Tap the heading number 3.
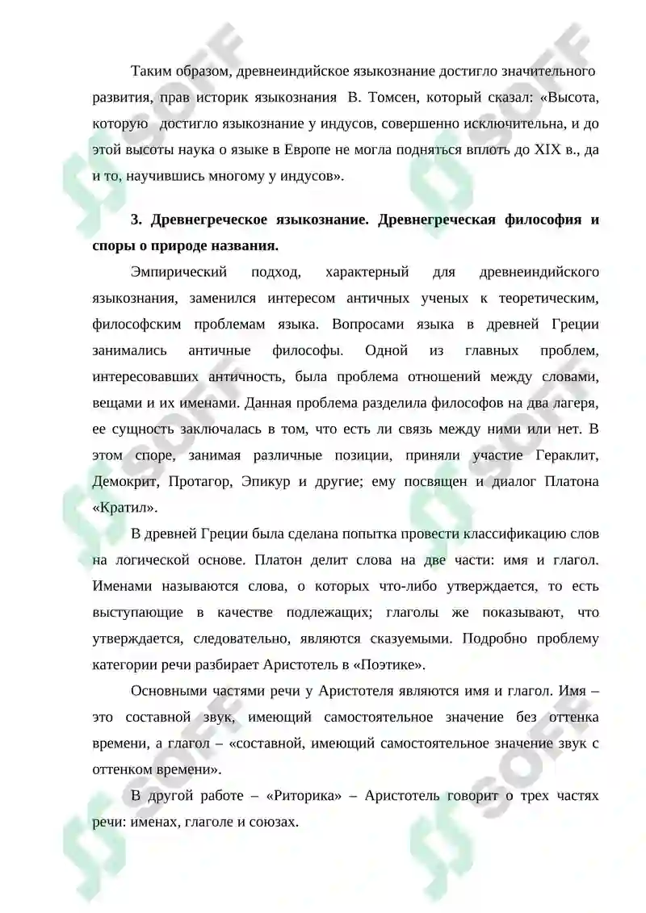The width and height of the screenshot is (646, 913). pyautogui.click(x=136, y=220)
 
